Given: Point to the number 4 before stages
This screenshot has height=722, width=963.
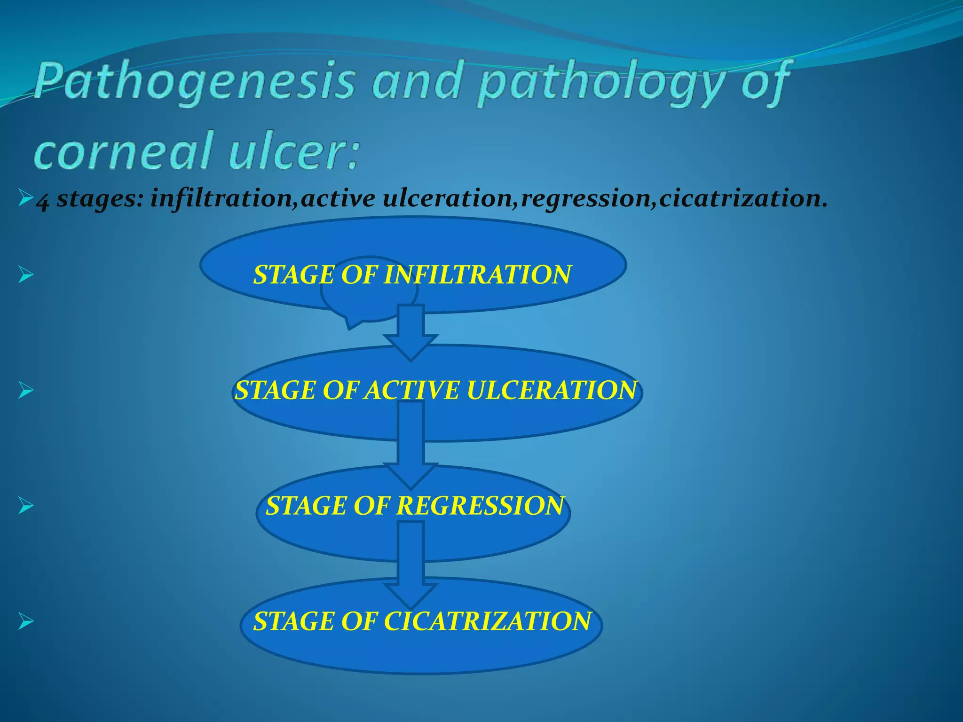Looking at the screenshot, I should [x=42, y=201].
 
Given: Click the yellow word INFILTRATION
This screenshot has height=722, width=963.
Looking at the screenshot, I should [x=477, y=275].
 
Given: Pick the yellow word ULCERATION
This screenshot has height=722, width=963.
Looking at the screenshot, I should [x=552, y=391].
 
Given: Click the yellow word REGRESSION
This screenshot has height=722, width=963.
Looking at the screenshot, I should [x=480, y=506].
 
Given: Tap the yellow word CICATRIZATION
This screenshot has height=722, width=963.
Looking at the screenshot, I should [x=487, y=621].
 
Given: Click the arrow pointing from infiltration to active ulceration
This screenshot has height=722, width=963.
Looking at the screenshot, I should [x=410, y=334].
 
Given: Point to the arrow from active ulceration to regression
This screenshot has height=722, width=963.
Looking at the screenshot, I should [x=410, y=447].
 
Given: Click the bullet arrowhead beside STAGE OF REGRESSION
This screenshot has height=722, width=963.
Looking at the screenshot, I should [x=25, y=506].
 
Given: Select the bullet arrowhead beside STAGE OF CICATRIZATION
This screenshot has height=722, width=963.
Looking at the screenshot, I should [x=25, y=621].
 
